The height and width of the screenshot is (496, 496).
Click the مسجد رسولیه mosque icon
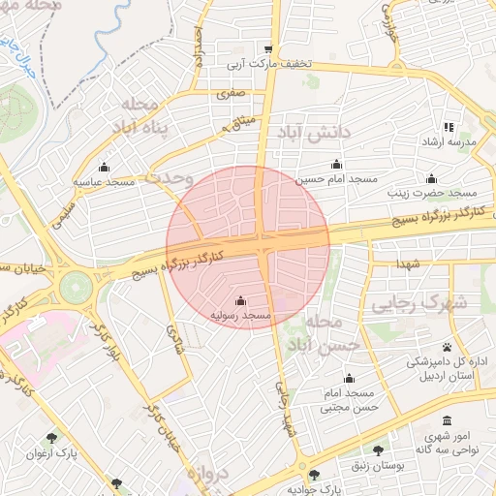pyautogui.click(x=240, y=300)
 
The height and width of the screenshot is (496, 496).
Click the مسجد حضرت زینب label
pyautogui.click(x=432, y=193)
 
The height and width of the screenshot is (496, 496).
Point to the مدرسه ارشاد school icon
pyautogui.click(x=448, y=127)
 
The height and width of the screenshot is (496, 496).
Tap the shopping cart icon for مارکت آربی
pyautogui.click(x=268, y=49)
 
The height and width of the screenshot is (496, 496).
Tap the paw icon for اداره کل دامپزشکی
pyautogui.click(x=447, y=346)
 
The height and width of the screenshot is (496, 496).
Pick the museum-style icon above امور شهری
pyautogui.click(x=447, y=421)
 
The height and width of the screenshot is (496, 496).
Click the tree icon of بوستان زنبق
pyautogui.click(x=378, y=450)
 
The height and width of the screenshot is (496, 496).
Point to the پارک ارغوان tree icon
pyautogui.click(x=51, y=437)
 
